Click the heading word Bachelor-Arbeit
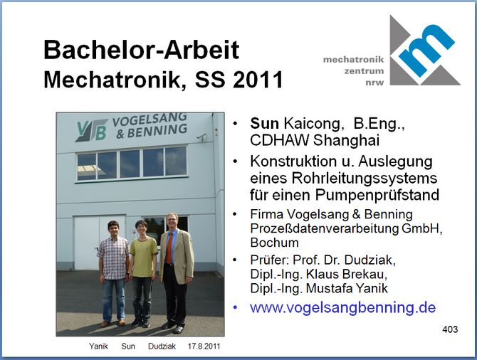[142, 50]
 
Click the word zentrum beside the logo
[364, 71]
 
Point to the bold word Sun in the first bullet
[264, 124]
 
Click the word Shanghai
[346, 140]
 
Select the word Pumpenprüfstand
[377, 195]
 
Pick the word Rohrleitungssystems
[365, 178]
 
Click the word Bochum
[274, 243]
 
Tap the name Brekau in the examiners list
[365, 274]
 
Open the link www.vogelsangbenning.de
[343, 307]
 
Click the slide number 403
[450, 329]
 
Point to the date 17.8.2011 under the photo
[204, 346]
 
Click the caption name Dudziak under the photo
[162, 346]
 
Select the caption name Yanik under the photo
[98, 346]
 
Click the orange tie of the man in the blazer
[169, 248]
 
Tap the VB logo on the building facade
[91, 131]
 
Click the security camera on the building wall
[202, 137]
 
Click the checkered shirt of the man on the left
[114, 258]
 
